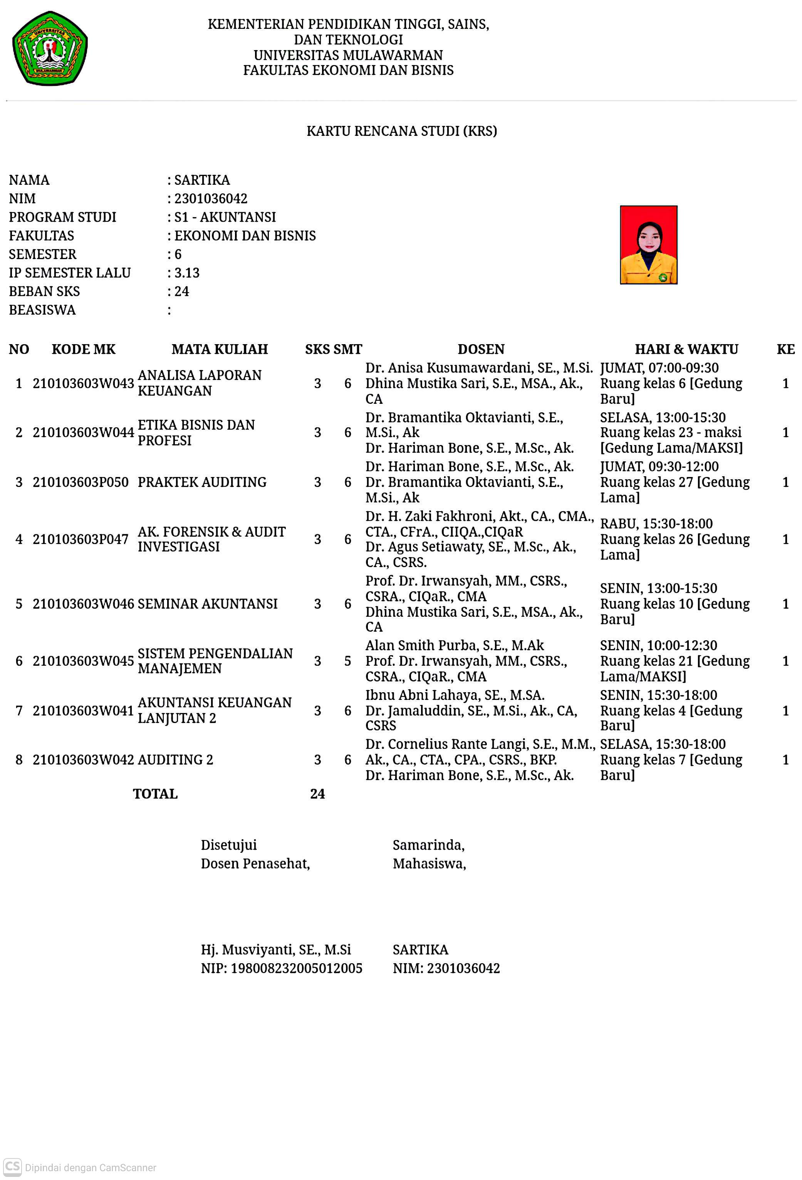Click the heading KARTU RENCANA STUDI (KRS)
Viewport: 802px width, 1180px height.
401,131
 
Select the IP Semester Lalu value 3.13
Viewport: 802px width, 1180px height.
187,273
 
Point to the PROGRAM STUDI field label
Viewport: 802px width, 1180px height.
62,217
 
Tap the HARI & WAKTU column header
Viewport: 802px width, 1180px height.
686,349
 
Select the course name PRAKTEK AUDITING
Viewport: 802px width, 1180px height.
201,482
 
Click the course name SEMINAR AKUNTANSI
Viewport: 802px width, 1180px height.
207,604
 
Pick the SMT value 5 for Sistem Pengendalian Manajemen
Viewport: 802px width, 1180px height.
347,661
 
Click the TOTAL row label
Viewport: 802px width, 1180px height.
155,793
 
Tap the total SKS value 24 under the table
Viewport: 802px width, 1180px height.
317,793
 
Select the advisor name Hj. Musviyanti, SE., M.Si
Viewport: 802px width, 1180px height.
276,949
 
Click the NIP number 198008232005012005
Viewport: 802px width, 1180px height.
296,968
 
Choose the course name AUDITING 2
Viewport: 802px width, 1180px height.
175,760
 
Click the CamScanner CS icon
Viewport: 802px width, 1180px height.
13,1167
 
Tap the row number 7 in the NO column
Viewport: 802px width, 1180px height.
19,710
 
